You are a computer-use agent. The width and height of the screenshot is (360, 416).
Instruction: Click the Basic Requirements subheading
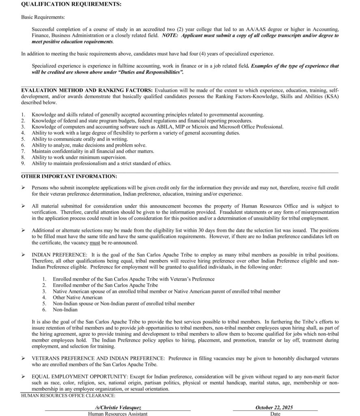coord(43,17)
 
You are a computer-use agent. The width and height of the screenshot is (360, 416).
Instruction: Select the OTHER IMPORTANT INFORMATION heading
coord(69,176)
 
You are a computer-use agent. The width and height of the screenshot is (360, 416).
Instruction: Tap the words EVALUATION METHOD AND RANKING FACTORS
coord(87,90)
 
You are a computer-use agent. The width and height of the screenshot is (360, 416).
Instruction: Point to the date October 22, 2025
coord(274,407)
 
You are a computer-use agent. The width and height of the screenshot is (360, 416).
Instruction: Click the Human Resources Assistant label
coord(117,414)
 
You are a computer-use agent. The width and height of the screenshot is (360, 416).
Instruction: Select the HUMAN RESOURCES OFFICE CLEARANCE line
coord(68,395)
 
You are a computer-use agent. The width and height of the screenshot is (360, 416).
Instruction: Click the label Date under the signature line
coord(275,414)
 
